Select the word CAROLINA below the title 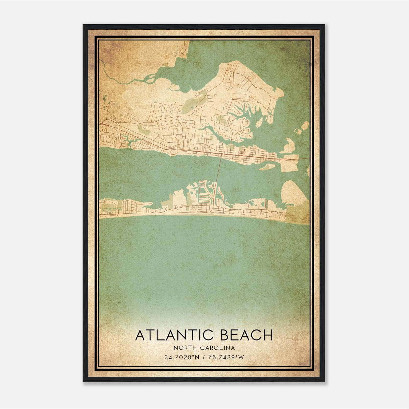pos(218,348)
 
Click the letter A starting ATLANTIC pos(140,335)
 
